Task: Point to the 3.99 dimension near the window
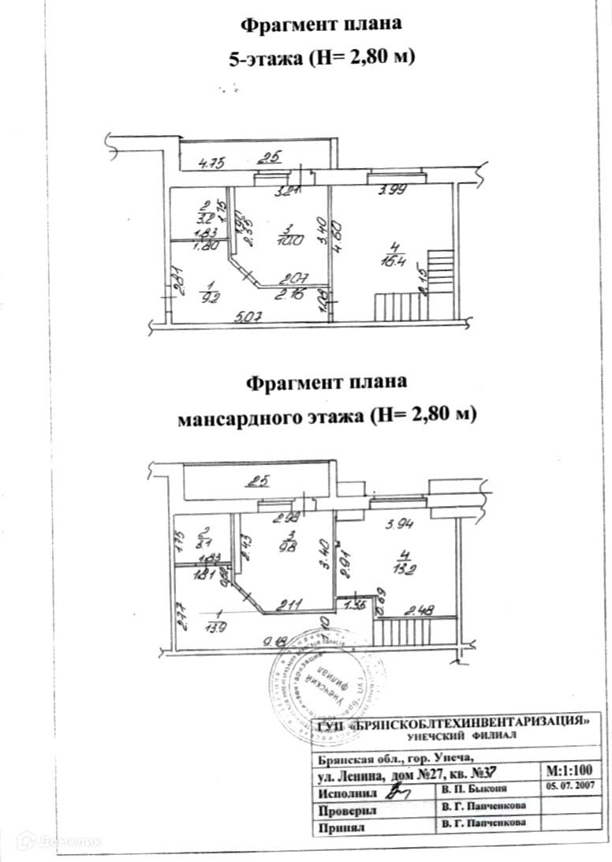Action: point(392,189)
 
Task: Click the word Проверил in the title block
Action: point(348,811)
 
